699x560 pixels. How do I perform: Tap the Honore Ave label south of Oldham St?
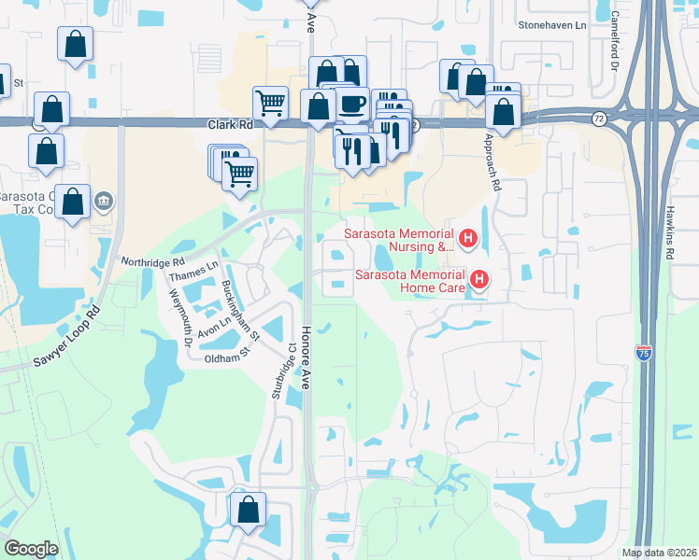click(306, 355)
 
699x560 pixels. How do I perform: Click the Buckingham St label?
click(242, 304)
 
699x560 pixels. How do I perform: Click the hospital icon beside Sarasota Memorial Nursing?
click(468, 240)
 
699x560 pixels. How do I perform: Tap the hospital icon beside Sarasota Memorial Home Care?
click(479, 279)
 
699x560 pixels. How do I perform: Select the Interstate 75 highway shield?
click(643, 353)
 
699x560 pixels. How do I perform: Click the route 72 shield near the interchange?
click(598, 119)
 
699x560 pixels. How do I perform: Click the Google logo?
click(32, 549)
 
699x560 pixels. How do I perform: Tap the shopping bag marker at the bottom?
click(248, 511)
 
